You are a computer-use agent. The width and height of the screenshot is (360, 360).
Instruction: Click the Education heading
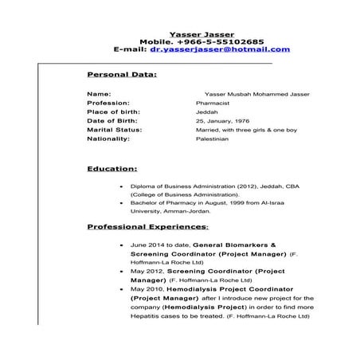(112, 169)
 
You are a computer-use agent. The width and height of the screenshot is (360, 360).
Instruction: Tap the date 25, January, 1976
(221, 121)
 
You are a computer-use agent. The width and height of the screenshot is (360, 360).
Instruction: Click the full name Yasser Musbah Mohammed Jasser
(256, 95)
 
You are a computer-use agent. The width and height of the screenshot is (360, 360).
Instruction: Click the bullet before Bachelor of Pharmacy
(120, 203)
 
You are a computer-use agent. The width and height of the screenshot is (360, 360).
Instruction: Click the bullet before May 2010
(120, 288)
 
